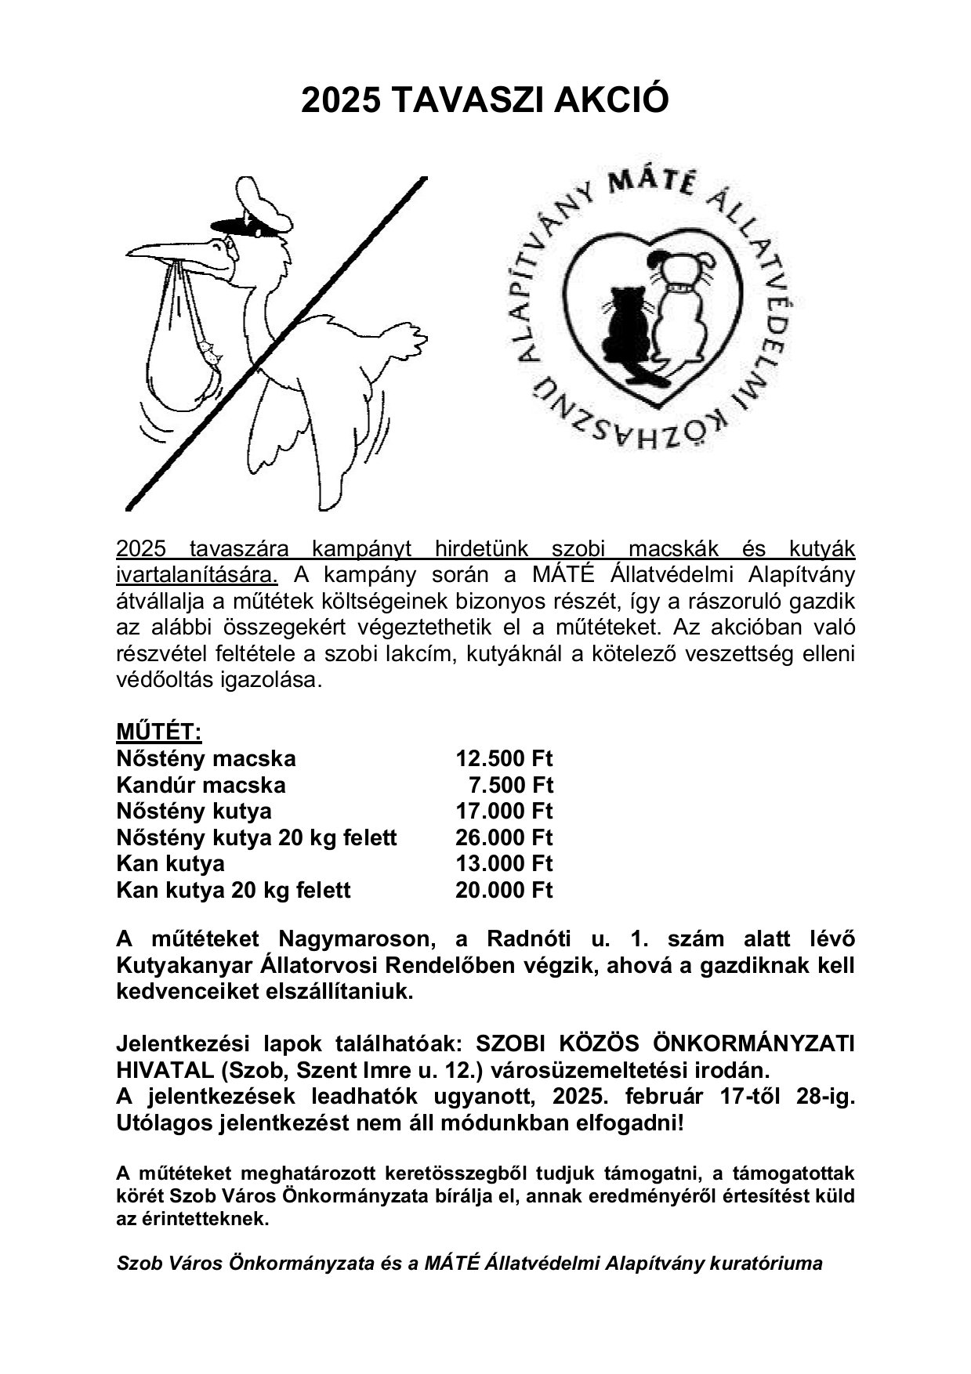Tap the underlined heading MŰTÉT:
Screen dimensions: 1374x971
[159, 732]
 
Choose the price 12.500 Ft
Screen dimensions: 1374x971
[504, 758]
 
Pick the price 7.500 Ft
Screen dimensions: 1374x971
[510, 785]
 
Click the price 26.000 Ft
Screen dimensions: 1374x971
[504, 837]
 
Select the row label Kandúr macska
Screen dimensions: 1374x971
[201, 785]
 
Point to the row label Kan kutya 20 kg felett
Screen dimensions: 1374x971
[233, 890]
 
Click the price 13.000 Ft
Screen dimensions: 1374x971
[504, 863]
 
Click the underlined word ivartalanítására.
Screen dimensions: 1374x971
[197, 574]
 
